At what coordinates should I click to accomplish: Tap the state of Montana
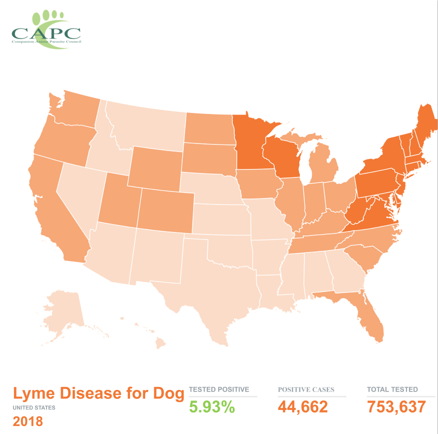[145, 125]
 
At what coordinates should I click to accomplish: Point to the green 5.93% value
[212, 407]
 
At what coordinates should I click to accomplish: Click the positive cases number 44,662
[303, 407]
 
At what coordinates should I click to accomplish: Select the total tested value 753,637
[396, 407]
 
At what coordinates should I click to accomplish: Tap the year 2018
[28, 421]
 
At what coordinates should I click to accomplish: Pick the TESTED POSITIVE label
[219, 389]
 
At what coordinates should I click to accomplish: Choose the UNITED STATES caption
[34, 407]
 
